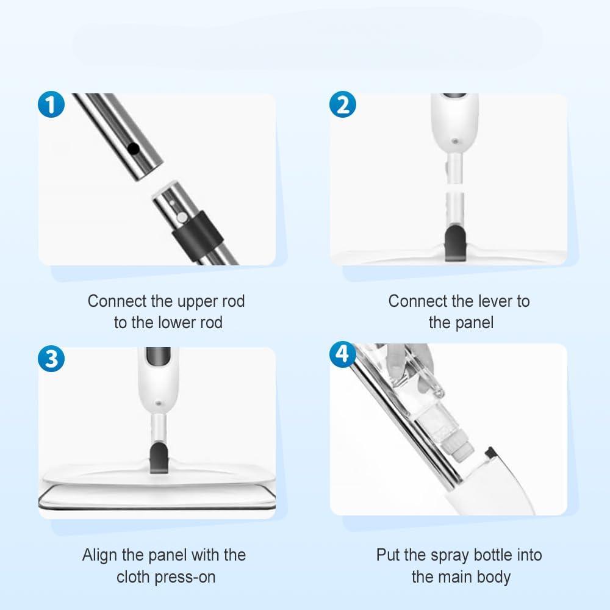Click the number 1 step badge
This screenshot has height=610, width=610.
click(x=50, y=105)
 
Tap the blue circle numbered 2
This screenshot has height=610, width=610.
click(x=343, y=105)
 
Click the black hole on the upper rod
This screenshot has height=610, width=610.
click(x=136, y=148)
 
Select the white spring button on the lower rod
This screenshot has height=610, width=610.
click(x=181, y=216)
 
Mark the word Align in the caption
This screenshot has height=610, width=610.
click(x=102, y=555)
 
